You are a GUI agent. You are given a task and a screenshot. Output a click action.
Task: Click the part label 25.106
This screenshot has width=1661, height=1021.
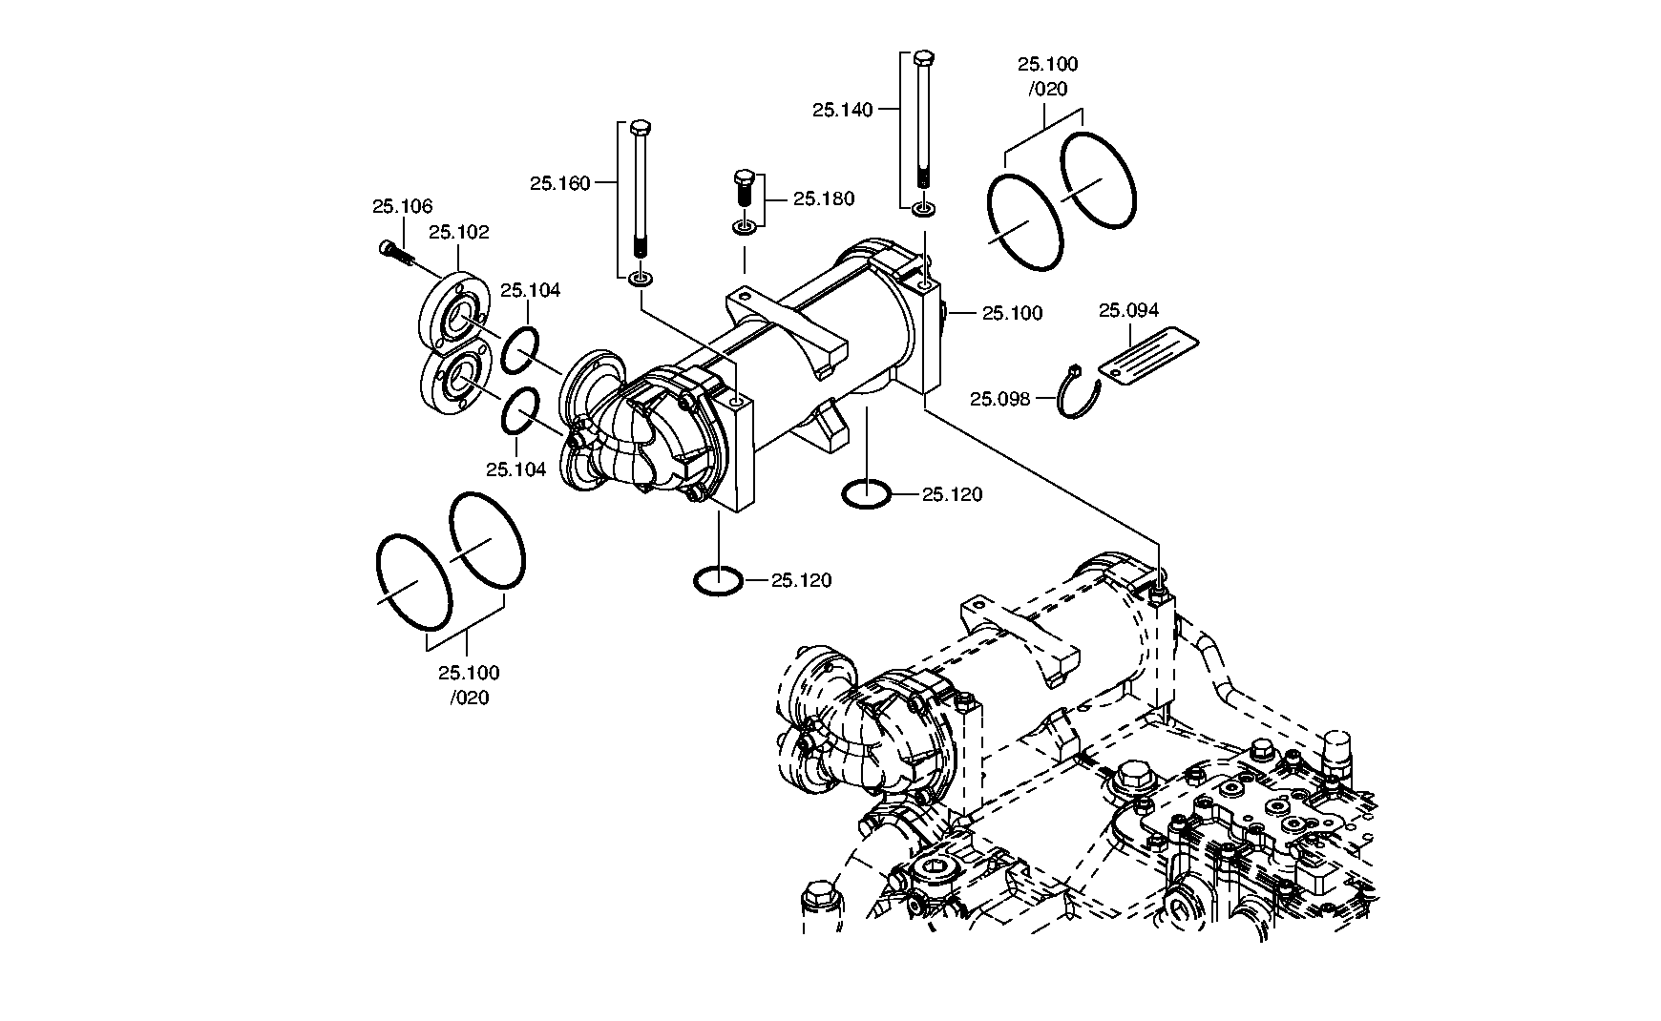click(402, 206)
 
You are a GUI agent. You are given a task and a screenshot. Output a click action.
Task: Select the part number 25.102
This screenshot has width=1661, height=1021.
click(458, 232)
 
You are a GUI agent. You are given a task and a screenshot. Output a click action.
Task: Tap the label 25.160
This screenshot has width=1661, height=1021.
click(560, 183)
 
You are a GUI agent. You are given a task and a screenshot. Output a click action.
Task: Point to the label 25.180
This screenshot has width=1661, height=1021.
click(824, 199)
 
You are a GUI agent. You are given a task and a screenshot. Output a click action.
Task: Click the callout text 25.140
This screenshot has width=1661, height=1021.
click(843, 110)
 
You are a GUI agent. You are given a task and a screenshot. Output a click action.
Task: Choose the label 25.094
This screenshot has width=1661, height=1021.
click(1128, 310)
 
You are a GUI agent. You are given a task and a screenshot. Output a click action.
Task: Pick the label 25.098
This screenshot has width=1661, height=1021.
click(1000, 399)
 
